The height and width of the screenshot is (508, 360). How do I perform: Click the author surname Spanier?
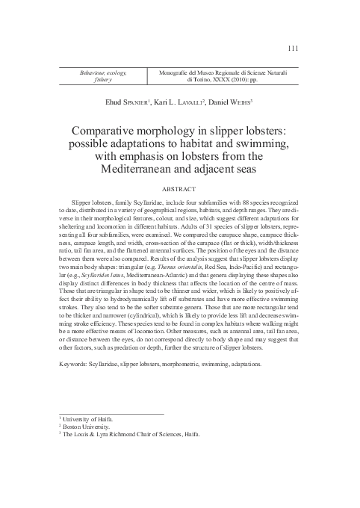click(x=111, y=101)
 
